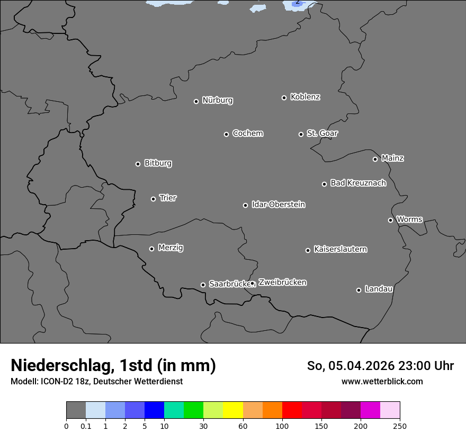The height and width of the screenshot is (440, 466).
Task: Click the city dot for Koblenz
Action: click(x=284, y=98)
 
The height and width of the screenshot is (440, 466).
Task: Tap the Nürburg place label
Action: click(x=217, y=100)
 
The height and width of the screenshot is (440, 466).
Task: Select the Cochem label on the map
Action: click(x=247, y=133)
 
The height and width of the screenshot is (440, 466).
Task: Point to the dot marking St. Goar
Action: click(x=301, y=134)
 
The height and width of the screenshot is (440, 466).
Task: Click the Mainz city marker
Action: click(x=375, y=159)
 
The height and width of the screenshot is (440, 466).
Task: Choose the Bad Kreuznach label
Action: click(x=358, y=183)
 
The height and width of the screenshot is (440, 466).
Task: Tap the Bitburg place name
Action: click(x=158, y=163)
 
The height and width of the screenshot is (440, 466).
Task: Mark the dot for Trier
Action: click(x=153, y=199)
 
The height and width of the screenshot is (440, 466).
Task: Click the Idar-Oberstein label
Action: click(x=278, y=205)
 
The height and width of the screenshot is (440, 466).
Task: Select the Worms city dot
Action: click(x=390, y=220)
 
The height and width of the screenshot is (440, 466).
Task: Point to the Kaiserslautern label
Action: click(x=340, y=249)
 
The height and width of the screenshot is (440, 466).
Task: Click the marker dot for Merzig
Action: click(x=151, y=249)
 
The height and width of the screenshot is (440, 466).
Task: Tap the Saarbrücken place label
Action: click(x=229, y=284)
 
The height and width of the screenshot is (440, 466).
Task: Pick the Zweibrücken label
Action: click(x=282, y=283)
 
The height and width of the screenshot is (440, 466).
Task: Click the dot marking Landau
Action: click(x=359, y=290)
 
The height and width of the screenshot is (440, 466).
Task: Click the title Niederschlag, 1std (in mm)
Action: click(x=113, y=366)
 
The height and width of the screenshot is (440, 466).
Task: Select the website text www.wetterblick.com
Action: click(x=382, y=381)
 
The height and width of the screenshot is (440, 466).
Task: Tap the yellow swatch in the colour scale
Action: click(x=233, y=410)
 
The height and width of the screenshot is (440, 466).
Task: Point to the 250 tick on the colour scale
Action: click(x=400, y=426)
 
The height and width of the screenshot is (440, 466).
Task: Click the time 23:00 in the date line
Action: click(x=414, y=366)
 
